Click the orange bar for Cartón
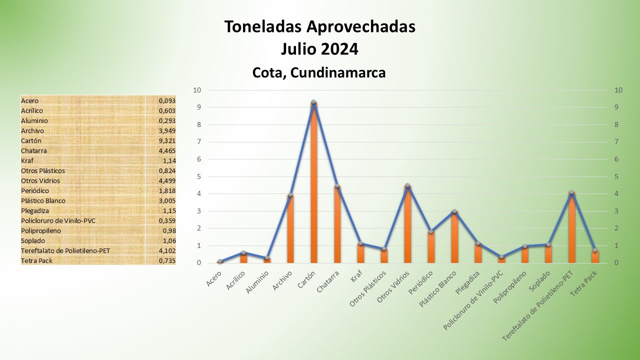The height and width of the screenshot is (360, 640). pyautogui.click(x=313, y=185)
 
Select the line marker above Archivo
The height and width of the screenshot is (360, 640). pyautogui.click(x=290, y=195)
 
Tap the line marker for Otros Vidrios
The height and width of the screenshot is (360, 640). pyautogui.click(x=407, y=185)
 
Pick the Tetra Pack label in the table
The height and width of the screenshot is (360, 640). pyautogui.click(x=36, y=260)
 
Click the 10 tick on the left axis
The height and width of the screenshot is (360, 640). pyautogui.click(x=197, y=90)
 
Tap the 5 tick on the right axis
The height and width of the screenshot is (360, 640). pyautogui.click(x=618, y=176)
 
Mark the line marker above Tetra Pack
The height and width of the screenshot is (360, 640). pyautogui.click(x=595, y=250)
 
